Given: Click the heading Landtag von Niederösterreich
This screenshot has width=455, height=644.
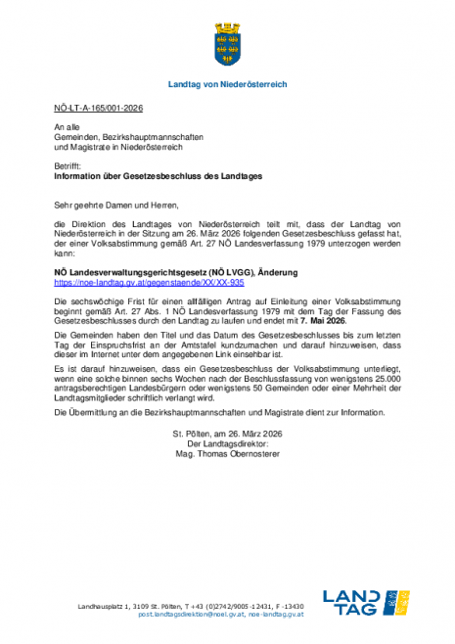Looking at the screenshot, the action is [228, 85].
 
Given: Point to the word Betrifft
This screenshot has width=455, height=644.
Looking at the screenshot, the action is [68, 167].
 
